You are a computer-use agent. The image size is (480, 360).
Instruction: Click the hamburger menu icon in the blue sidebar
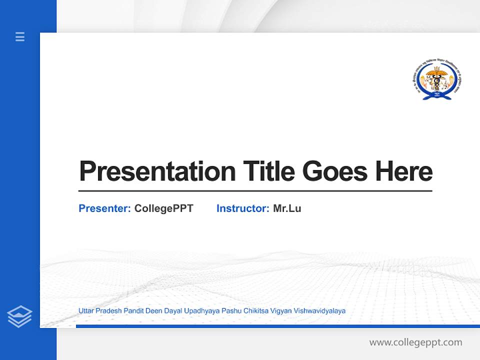(x=20, y=36)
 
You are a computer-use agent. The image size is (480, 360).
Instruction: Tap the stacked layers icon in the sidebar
(x=19, y=316)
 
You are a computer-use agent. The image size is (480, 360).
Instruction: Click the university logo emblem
(x=435, y=80)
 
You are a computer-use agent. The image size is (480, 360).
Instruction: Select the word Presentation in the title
(x=157, y=171)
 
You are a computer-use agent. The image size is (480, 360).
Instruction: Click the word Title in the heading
(x=268, y=171)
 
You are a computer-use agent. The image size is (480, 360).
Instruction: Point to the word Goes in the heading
(x=335, y=171)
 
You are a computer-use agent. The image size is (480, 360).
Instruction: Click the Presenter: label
(x=104, y=208)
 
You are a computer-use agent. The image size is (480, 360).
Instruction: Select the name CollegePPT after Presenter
(x=163, y=208)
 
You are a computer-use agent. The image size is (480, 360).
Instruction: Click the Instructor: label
(x=242, y=208)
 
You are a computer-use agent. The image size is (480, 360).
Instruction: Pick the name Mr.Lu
(x=287, y=208)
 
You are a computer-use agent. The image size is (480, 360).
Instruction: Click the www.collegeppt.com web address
(x=415, y=342)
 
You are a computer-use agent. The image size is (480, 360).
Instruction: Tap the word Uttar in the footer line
(x=86, y=311)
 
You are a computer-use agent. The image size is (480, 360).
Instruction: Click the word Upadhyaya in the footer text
(x=201, y=311)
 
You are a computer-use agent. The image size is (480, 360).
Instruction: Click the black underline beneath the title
(x=255, y=191)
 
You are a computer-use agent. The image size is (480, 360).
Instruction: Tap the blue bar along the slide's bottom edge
(x=277, y=326)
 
